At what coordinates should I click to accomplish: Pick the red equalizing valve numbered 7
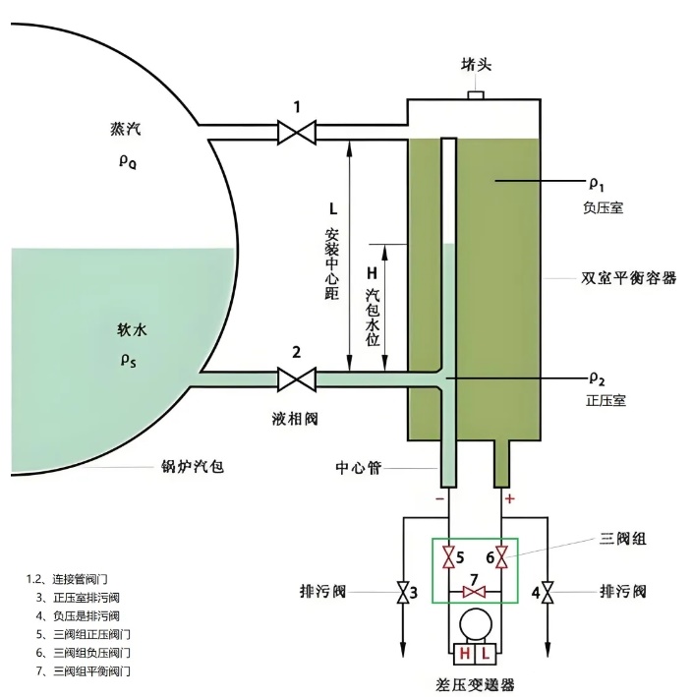475,593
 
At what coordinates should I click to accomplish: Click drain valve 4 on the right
549,593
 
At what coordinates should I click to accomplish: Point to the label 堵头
476,65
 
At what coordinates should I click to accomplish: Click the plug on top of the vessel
476,94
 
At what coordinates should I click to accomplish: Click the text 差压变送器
475,684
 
